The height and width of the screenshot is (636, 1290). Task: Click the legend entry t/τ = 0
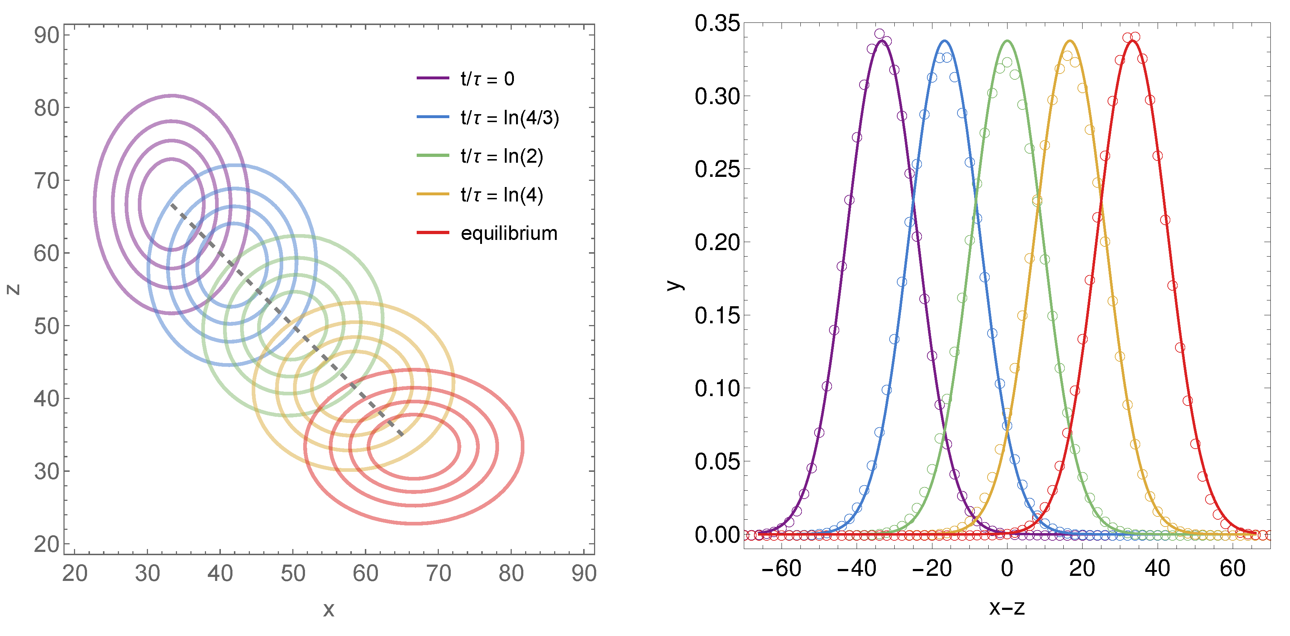tap(487, 79)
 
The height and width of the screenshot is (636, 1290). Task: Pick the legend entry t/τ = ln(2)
tap(501, 157)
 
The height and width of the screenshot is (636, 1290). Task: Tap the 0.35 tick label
tap(717, 24)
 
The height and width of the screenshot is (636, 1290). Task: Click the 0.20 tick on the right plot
tap(717, 243)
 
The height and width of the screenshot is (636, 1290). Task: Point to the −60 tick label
tap(781, 569)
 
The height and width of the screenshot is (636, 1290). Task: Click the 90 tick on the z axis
tap(46, 36)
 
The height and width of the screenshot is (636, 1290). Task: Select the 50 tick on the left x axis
tap(292, 573)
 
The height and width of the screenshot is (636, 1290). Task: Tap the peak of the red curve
tap(1133, 41)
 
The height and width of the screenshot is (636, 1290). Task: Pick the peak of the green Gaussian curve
tap(1007, 41)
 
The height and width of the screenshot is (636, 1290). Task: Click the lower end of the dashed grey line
tap(402, 435)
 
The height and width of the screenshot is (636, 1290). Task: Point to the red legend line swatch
tap(433, 233)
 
